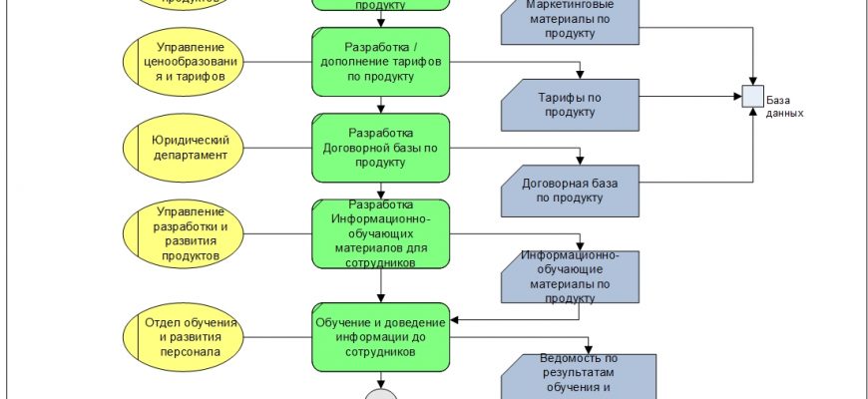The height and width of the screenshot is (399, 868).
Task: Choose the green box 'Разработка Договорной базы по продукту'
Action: coord(381,147)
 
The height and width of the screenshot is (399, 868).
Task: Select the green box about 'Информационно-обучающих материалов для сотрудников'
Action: coord(381,233)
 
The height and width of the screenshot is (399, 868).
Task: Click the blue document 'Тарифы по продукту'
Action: coord(570,105)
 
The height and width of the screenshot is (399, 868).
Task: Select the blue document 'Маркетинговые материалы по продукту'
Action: coord(570,20)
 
